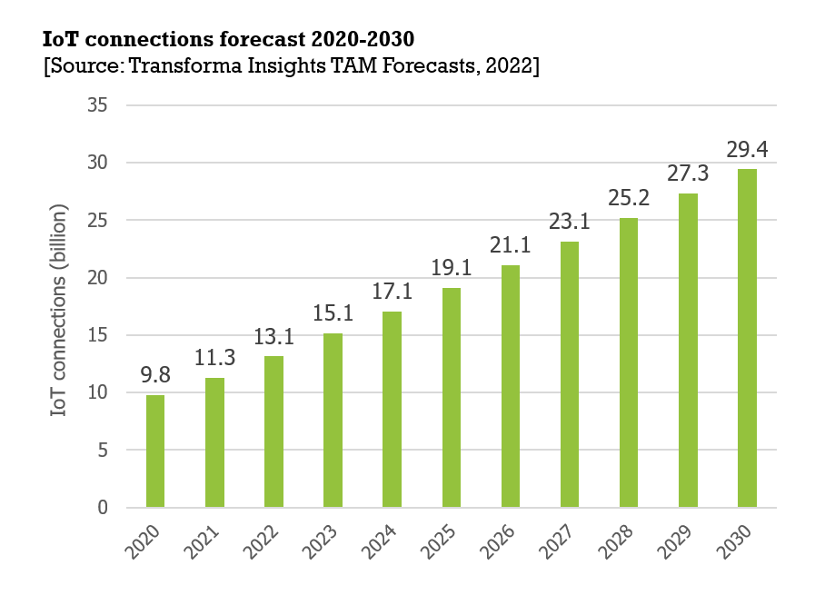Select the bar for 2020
point(155,451)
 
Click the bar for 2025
point(451,398)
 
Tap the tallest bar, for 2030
point(747,338)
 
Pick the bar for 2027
point(570,374)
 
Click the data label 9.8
point(155,374)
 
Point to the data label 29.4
point(746,148)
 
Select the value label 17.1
point(392,292)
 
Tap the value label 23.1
point(569,222)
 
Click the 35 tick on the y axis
point(99,105)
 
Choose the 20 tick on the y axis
point(99,278)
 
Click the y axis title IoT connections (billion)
point(61,305)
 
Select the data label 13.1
point(273,336)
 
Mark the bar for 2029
point(688,350)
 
